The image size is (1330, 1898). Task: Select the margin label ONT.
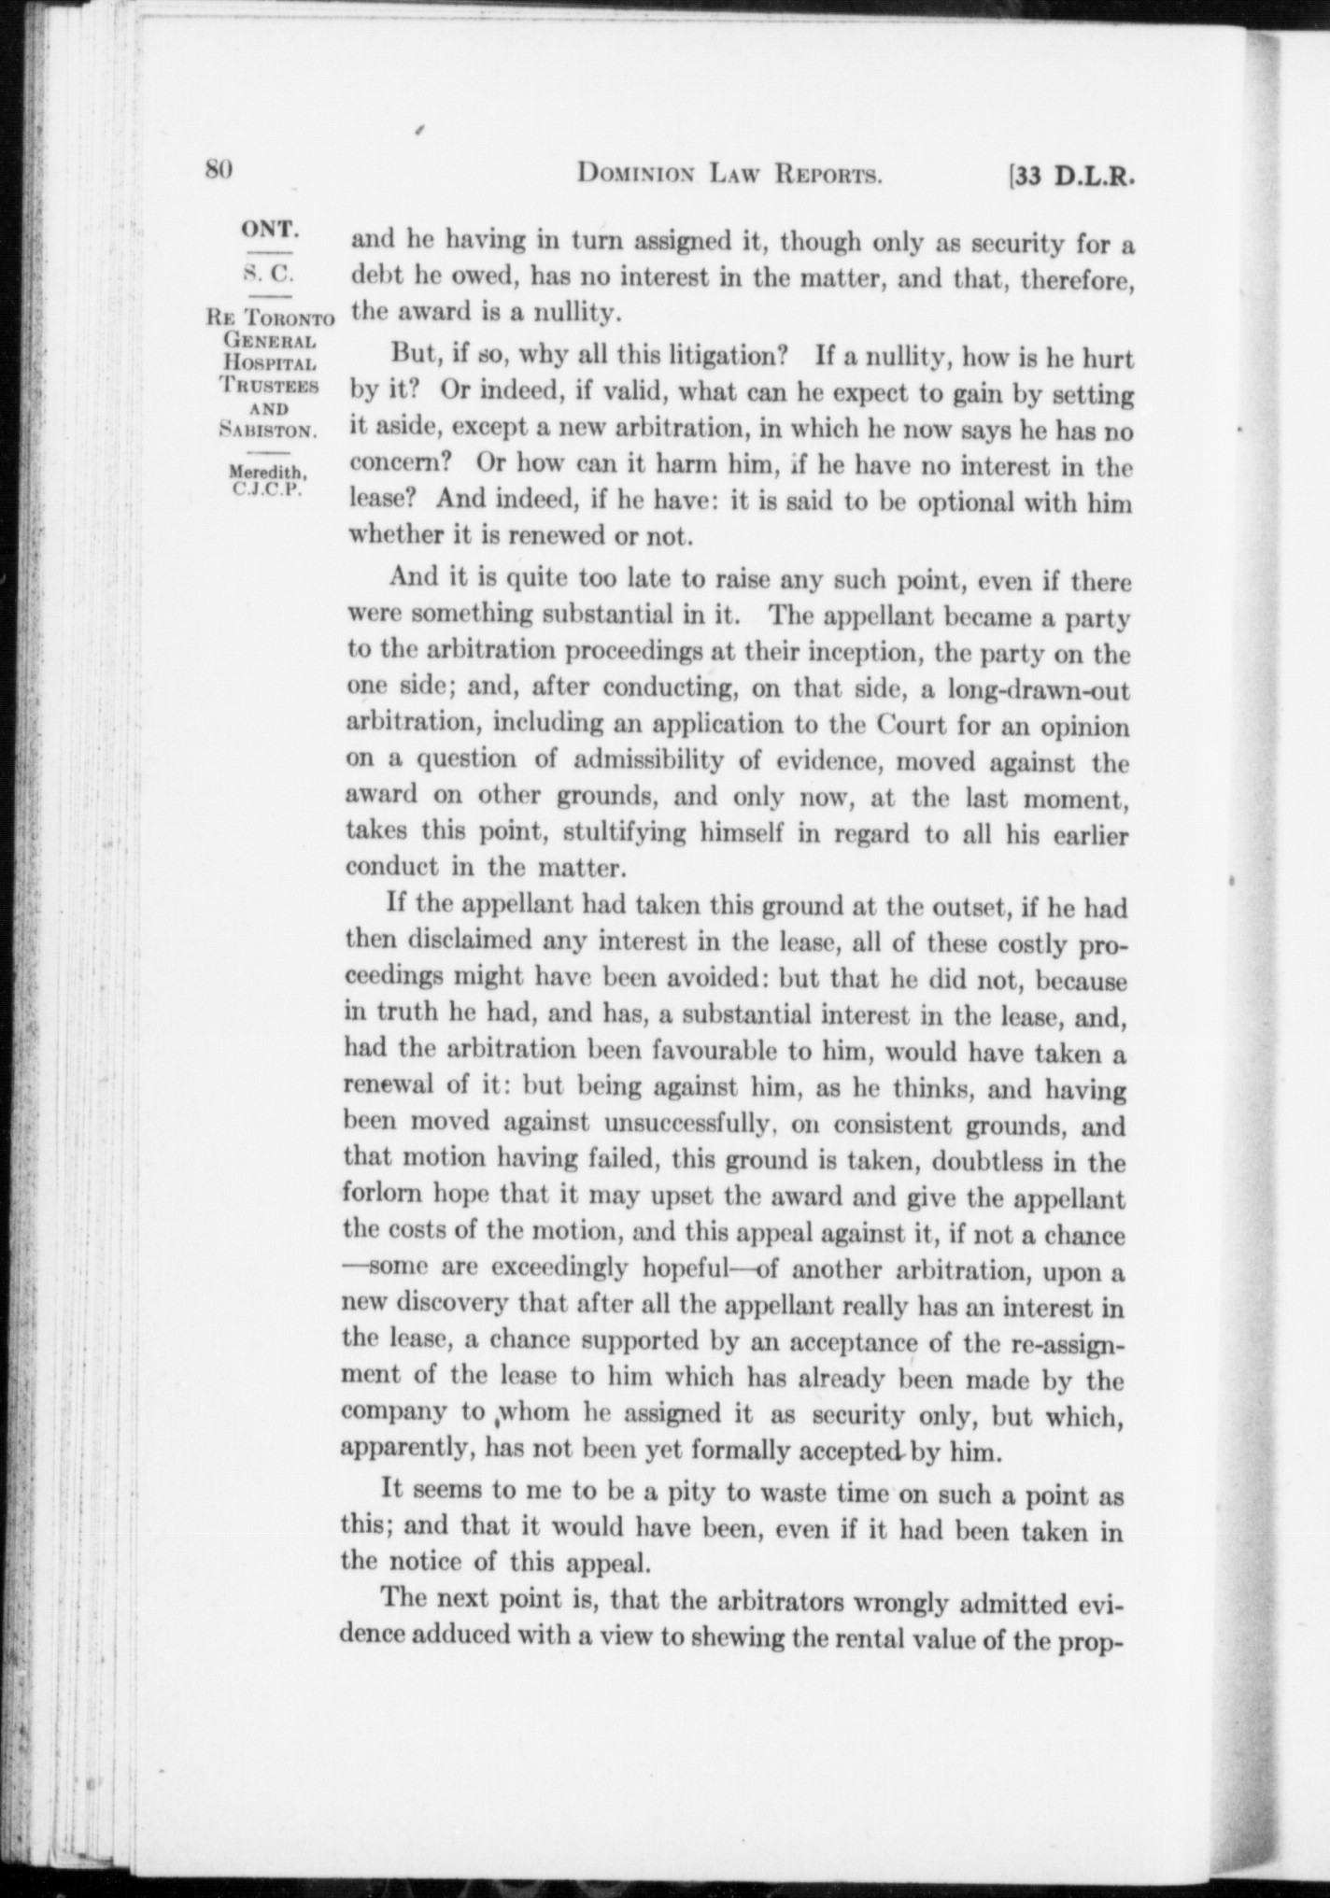tap(270, 230)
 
